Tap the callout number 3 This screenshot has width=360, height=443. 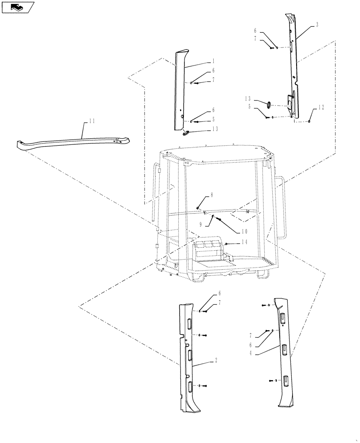point(317,26)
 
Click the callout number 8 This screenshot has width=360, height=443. point(200,194)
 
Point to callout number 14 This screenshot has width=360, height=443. point(244,242)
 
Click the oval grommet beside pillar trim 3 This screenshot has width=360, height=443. point(268,105)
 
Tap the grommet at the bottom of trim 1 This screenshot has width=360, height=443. point(186,132)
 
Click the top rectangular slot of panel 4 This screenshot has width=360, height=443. point(283,317)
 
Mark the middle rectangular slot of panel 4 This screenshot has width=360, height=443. point(283,350)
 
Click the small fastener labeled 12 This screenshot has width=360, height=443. point(309,121)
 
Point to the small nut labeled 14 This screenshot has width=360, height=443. point(227,244)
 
